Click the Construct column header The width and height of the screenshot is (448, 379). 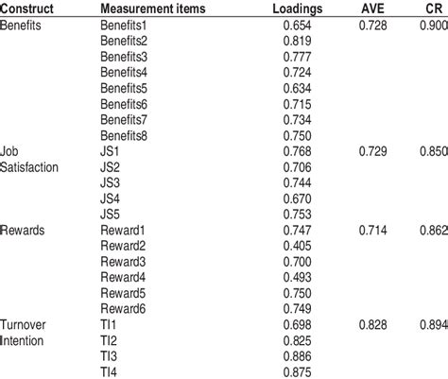(28, 9)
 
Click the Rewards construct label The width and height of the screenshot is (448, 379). (26, 231)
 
